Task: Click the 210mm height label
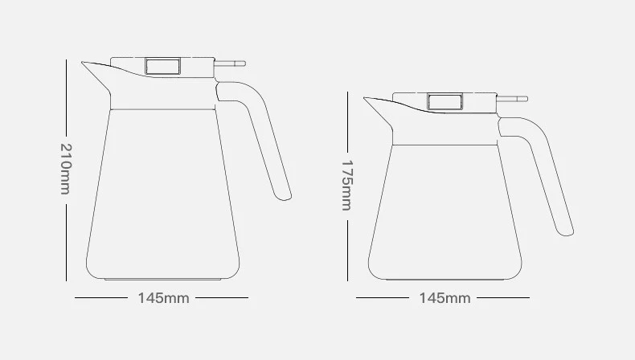(x=65, y=169)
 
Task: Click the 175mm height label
(x=347, y=186)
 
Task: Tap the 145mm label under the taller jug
(x=164, y=298)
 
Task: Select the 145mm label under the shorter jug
(x=444, y=298)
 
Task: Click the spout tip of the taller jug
(x=82, y=63)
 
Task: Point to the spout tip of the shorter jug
(x=364, y=98)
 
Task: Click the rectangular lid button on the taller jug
(x=163, y=67)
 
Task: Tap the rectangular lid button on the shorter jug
(x=444, y=101)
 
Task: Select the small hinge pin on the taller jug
(x=230, y=63)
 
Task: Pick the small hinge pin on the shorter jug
(x=512, y=99)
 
